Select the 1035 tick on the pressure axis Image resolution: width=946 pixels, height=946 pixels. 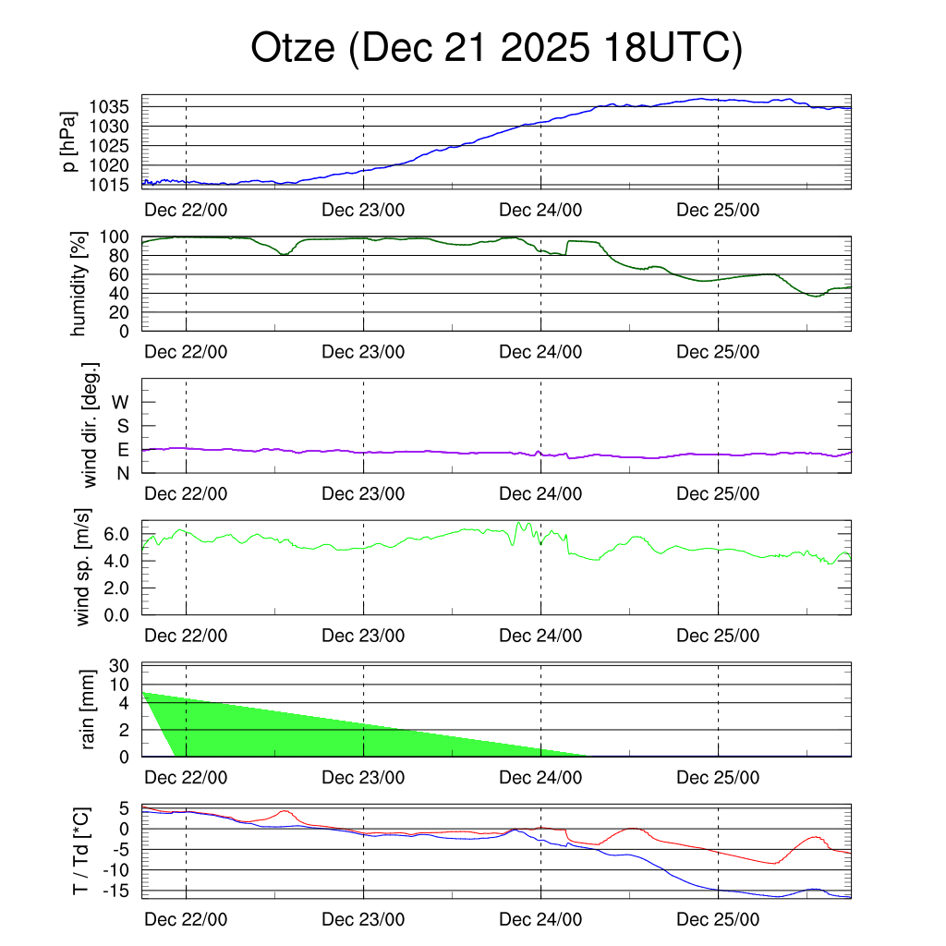click(x=116, y=106)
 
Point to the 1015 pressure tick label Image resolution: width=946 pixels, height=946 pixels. click(x=116, y=185)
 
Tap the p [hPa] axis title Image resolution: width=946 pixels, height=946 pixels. click(x=69, y=141)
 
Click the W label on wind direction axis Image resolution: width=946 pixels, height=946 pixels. click(x=122, y=402)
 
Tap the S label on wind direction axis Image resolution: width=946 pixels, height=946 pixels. click(x=123, y=426)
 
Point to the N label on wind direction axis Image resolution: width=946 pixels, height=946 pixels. click(x=123, y=473)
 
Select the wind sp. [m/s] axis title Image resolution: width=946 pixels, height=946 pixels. click(x=84, y=567)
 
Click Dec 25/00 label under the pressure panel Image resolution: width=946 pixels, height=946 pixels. click(x=718, y=210)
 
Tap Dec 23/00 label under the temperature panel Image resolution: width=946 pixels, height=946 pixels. click(x=363, y=921)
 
